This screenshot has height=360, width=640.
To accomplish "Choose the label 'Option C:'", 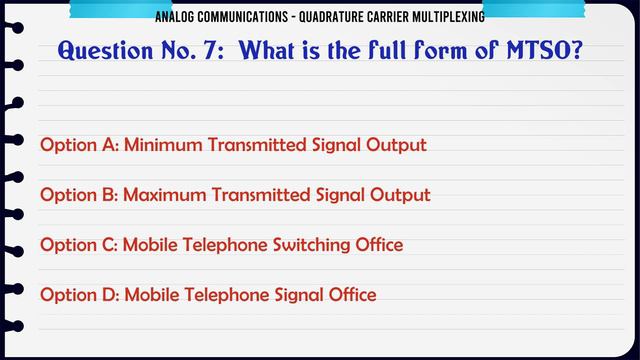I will tap(79, 244).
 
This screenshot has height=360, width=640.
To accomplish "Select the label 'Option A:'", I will tap(79, 145).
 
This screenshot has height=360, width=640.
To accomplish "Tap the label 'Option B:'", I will tap(79, 194).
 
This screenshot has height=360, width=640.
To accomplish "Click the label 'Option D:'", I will tap(79, 294).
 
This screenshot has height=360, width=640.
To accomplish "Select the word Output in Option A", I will tap(397, 145).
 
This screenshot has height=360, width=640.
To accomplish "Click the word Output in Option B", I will tap(401, 194).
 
